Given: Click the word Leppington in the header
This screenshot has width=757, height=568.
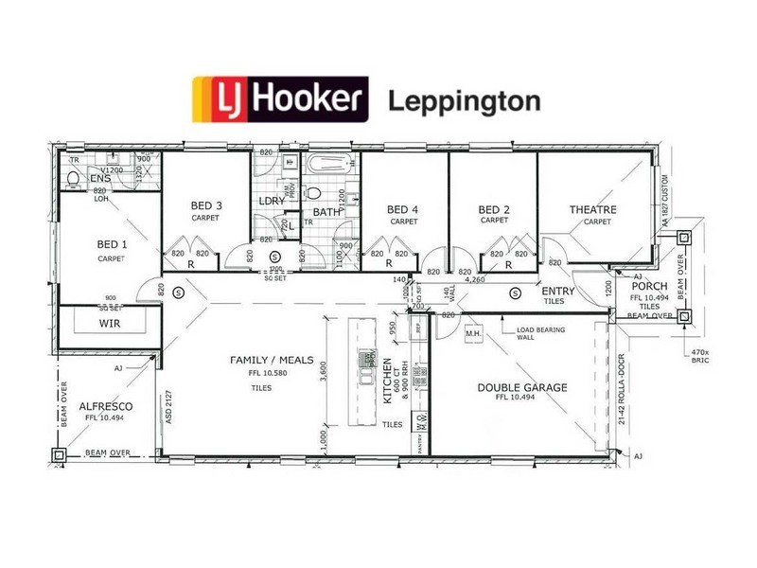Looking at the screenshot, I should point(464,100).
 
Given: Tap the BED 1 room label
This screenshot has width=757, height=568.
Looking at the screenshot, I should point(111,244).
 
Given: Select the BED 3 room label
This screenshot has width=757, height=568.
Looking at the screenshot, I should point(205,205).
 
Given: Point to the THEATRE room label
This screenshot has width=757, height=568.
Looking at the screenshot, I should point(593,209).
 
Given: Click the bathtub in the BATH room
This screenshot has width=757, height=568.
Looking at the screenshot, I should point(327,164).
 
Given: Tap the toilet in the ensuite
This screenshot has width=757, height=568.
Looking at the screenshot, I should point(73,178).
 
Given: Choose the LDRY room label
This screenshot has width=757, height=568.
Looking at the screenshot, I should point(273,201).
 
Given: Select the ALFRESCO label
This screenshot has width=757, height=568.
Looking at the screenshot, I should point(105,405).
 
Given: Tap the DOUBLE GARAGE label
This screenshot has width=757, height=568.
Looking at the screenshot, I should point(522,387).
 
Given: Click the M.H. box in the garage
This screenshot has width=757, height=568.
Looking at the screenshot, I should point(474,333).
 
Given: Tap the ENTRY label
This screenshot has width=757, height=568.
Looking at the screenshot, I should point(558,291).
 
